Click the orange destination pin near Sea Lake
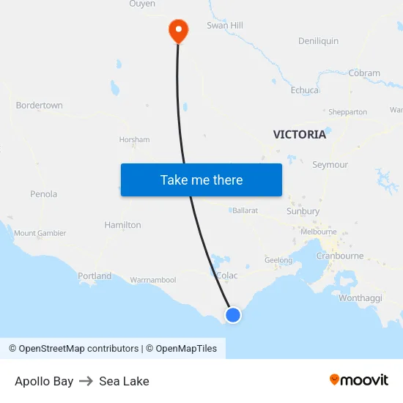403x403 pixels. tap(178, 29)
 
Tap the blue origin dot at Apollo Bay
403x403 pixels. tap(232, 315)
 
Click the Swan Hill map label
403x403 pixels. tap(224, 26)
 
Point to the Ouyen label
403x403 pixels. tap(142, 4)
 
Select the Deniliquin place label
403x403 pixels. tap(318, 41)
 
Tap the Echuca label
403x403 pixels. tap(305, 90)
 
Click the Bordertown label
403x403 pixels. tap(39, 106)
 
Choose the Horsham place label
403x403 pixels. tap(134, 139)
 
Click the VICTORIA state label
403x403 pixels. tap(299, 135)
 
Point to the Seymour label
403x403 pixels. tap(330, 165)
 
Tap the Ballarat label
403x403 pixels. tap(245, 210)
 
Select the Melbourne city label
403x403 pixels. tap(318, 232)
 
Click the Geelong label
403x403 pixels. tap(278, 260)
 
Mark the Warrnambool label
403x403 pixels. tap(153, 280)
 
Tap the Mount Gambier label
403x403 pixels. tap(40, 233)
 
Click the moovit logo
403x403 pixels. tap(358, 380)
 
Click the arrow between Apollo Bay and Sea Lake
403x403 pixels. tap(86, 381)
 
